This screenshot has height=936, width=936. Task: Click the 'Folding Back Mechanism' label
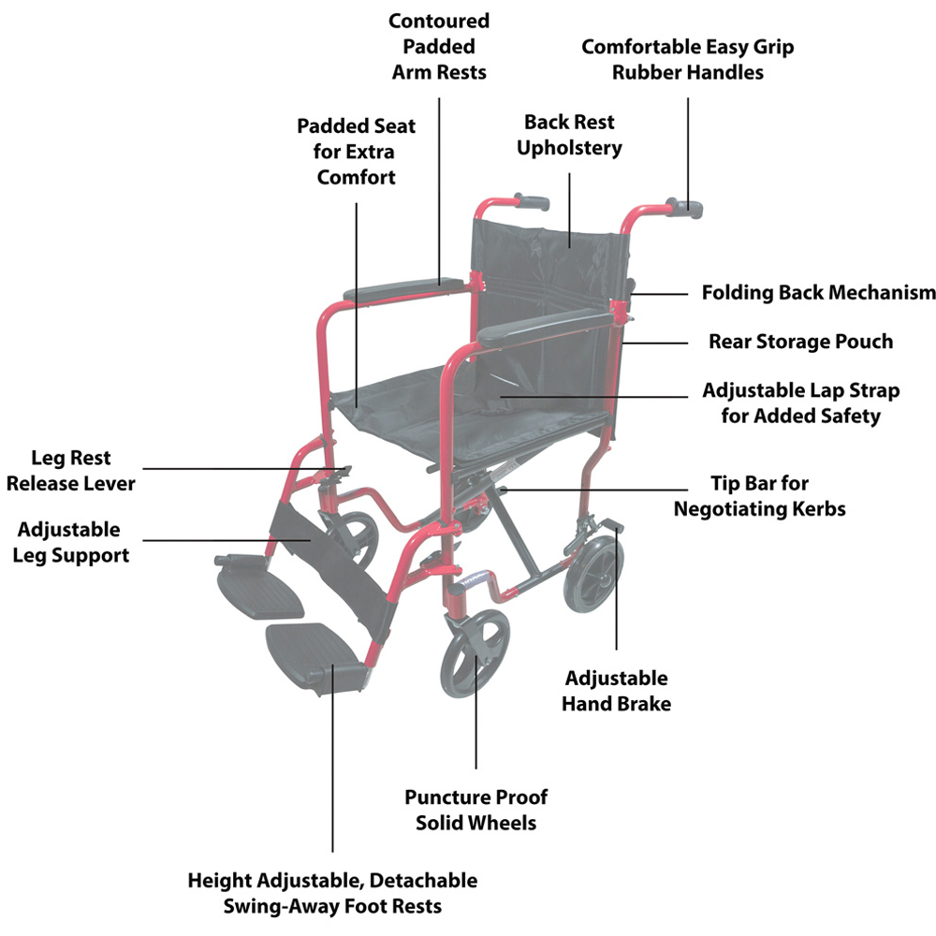818,293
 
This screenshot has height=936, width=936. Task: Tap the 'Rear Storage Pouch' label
800,342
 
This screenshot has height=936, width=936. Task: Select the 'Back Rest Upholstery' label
570,135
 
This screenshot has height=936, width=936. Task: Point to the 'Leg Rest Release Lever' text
70,471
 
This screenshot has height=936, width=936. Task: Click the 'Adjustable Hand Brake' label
616,691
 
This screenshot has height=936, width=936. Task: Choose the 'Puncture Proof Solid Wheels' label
476,810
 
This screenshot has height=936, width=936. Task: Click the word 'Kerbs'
813,509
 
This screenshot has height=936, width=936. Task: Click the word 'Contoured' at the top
439,21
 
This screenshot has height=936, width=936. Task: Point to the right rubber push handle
687,207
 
